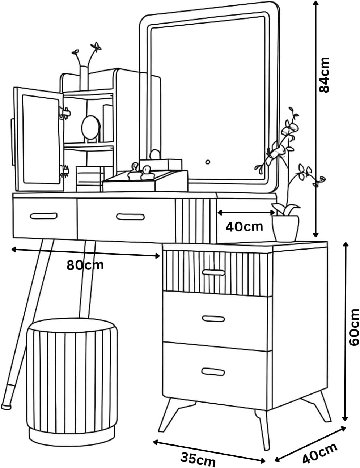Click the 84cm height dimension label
pyautogui.click(x=324, y=75)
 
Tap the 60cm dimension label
pyautogui.click(x=354, y=327)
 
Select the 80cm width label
pyautogui.click(x=85, y=265)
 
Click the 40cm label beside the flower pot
pyautogui.click(x=244, y=226)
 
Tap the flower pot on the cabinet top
pyautogui.click(x=285, y=228)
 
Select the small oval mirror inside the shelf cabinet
pyautogui.click(x=91, y=128)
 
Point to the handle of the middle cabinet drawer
pyautogui.click(x=213, y=319)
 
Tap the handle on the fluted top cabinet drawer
pyautogui.click(x=213, y=272)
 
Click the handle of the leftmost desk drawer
pyautogui.click(x=43, y=216)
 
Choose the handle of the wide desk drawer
pyautogui.click(x=130, y=217)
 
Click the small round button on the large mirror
pyautogui.click(x=208, y=162)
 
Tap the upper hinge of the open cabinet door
pyautogui.click(x=65, y=112)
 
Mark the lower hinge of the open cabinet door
pyautogui.click(x=64, y=171)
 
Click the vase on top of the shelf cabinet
pyautogui.click(x=84, y=78)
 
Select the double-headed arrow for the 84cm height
pyautogui.click(x=315, y=119)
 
